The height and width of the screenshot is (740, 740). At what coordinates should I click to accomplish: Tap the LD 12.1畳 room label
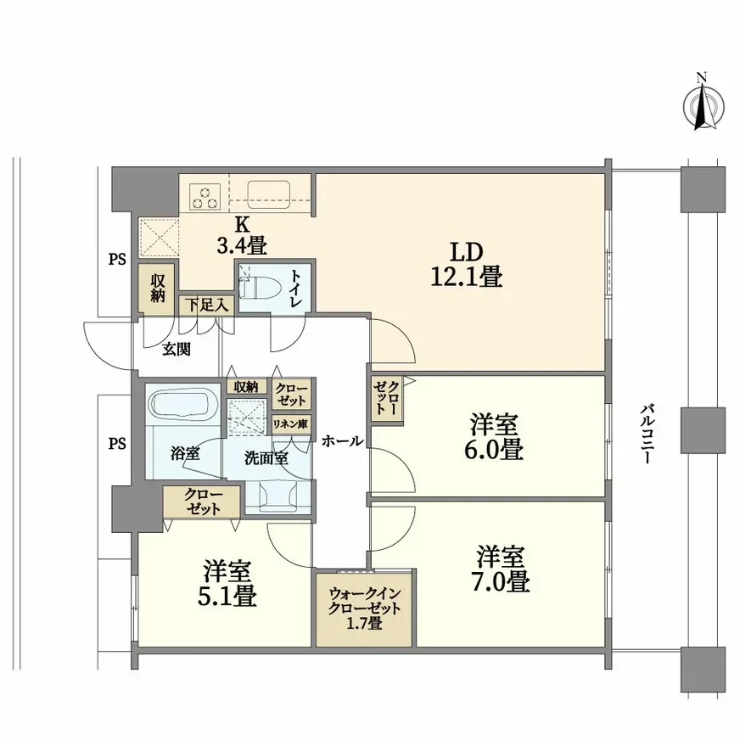pos(466,264)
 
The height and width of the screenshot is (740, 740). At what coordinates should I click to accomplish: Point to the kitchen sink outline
pos(268,193)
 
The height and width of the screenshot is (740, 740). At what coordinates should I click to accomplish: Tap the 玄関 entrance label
pos(177,347)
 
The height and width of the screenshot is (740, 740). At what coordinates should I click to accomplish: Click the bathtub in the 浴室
pos(181,405)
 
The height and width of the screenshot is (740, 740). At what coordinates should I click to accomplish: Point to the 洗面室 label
pos(266,457)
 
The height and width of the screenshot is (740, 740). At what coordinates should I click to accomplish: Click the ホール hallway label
pos(342,441)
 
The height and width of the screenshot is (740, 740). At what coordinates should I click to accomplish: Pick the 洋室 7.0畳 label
pos(502,569)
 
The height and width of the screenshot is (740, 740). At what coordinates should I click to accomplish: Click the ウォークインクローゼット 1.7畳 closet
pos(362,609)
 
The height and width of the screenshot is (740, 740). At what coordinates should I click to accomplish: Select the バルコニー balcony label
pos(647,433)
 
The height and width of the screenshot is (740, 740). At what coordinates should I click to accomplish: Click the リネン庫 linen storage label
pos(290,423)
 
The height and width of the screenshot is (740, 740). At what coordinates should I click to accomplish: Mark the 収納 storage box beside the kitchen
pos(157,289)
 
